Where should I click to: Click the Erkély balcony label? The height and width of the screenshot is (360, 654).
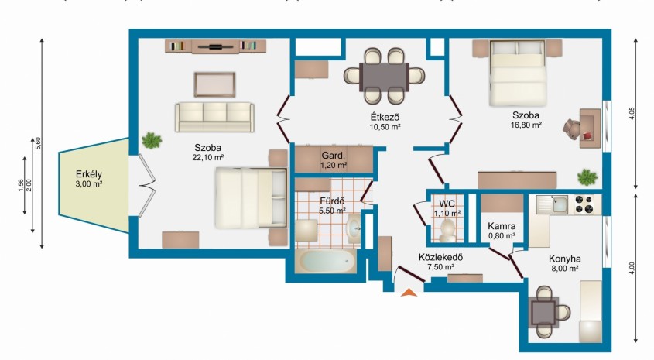pos(89,174)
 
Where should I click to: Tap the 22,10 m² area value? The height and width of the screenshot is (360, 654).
pos(207,157)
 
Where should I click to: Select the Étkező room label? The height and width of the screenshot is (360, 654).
pos(385,116)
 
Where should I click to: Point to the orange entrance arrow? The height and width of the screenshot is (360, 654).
pos(409,293)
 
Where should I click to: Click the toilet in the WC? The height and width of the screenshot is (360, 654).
pos(447,231)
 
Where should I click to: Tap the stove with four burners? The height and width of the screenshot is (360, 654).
pos(584,204)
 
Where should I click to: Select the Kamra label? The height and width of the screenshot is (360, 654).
pos(502,226)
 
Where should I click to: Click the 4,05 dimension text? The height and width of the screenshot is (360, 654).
pos(631,114)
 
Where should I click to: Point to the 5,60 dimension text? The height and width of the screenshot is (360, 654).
pos(39,143)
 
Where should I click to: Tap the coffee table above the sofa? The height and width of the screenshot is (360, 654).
pos(214,84)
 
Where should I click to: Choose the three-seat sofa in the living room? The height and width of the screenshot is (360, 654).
pos(214,117)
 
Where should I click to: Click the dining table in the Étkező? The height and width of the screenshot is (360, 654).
pos(384,77)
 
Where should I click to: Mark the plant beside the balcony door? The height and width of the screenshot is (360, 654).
pos(152,141)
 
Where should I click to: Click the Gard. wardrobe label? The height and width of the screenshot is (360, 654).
pos(334,156)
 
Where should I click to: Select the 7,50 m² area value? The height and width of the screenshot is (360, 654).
pos(440,267)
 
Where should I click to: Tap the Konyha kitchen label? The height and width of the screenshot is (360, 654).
pos(565,259)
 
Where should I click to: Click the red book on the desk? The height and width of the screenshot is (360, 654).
pos(587,135)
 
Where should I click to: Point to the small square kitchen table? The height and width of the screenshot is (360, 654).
pos(543,311)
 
